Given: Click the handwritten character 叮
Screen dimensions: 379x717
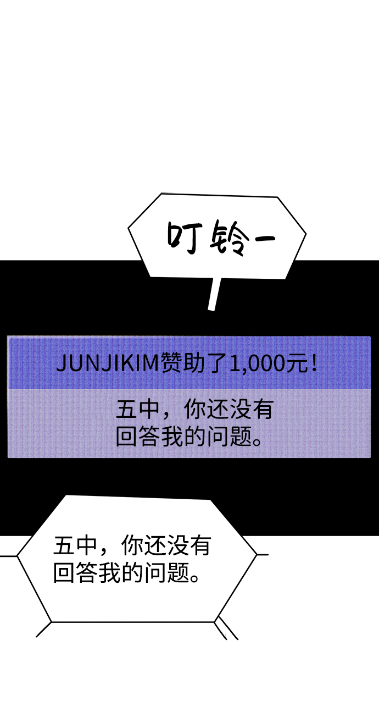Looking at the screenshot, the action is pyautogui.click(x=181, y=238).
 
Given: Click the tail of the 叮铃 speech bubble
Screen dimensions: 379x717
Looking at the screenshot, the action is pyautogui.click(x=213, y=294).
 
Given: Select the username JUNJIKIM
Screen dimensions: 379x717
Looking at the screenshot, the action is pyautogui.click(x=108, y=363).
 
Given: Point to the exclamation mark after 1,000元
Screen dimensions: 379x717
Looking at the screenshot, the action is pyautogui.click(x=314, y=363).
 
